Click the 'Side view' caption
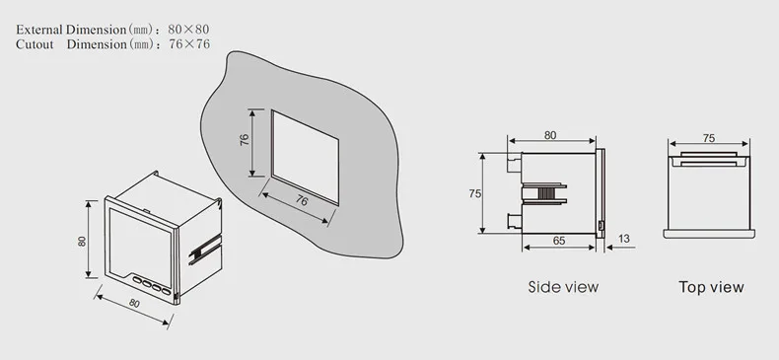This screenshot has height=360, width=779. [563, 287]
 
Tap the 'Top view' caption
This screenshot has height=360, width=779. [711, 287]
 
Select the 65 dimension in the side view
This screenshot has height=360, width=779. [559, 241]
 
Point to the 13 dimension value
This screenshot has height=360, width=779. [623, 239]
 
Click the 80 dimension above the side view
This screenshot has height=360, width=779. [550, 135]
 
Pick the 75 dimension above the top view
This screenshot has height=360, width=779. [709, 138]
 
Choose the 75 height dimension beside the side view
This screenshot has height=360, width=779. [475, 193]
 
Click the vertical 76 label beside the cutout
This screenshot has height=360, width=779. [245, 140]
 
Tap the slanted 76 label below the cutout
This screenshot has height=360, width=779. [302, 200]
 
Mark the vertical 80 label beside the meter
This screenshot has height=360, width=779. [82, 241]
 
